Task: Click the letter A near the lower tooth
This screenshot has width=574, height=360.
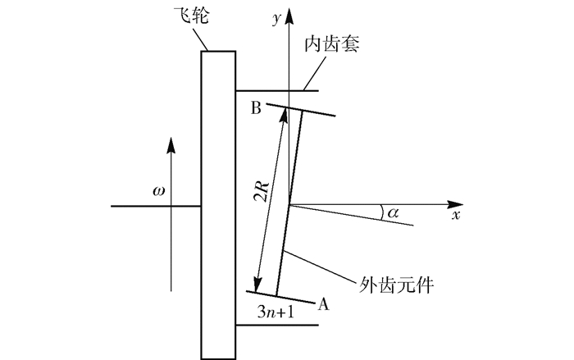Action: coord(323,304)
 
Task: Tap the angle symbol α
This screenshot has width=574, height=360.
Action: coord(394,212)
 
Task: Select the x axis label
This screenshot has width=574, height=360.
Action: coord(456,216)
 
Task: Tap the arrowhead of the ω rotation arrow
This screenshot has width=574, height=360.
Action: coord(171,142)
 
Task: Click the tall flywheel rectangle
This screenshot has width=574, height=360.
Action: coord(219,205)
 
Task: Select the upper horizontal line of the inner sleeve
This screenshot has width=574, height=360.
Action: coord(271,89)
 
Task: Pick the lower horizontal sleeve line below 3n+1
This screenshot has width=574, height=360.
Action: coord(276,326)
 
